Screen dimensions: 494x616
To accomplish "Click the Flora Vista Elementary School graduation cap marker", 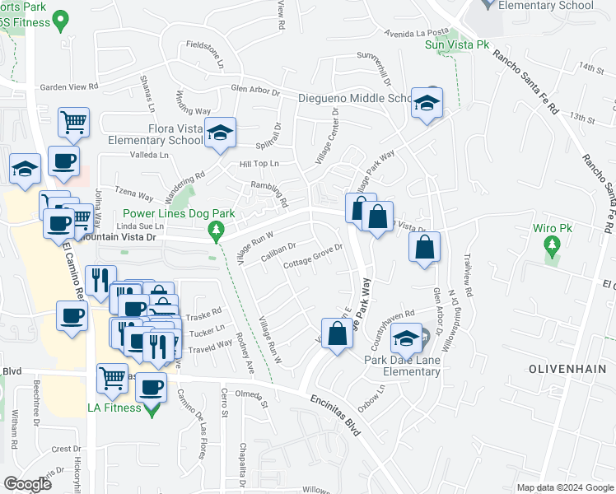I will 220,133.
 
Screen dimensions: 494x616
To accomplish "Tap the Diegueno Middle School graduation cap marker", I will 427,104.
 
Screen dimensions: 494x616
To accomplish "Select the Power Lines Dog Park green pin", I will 217,229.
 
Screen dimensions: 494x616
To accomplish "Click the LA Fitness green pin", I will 152,408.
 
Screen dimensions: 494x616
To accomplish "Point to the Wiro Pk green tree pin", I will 552,245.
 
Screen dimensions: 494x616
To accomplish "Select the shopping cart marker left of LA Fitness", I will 112,379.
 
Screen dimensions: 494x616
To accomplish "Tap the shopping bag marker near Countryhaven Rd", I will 336,334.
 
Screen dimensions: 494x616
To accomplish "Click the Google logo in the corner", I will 28,484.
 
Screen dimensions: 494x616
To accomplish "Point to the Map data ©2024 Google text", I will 564,487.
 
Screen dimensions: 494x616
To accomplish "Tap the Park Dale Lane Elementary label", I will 404,366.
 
